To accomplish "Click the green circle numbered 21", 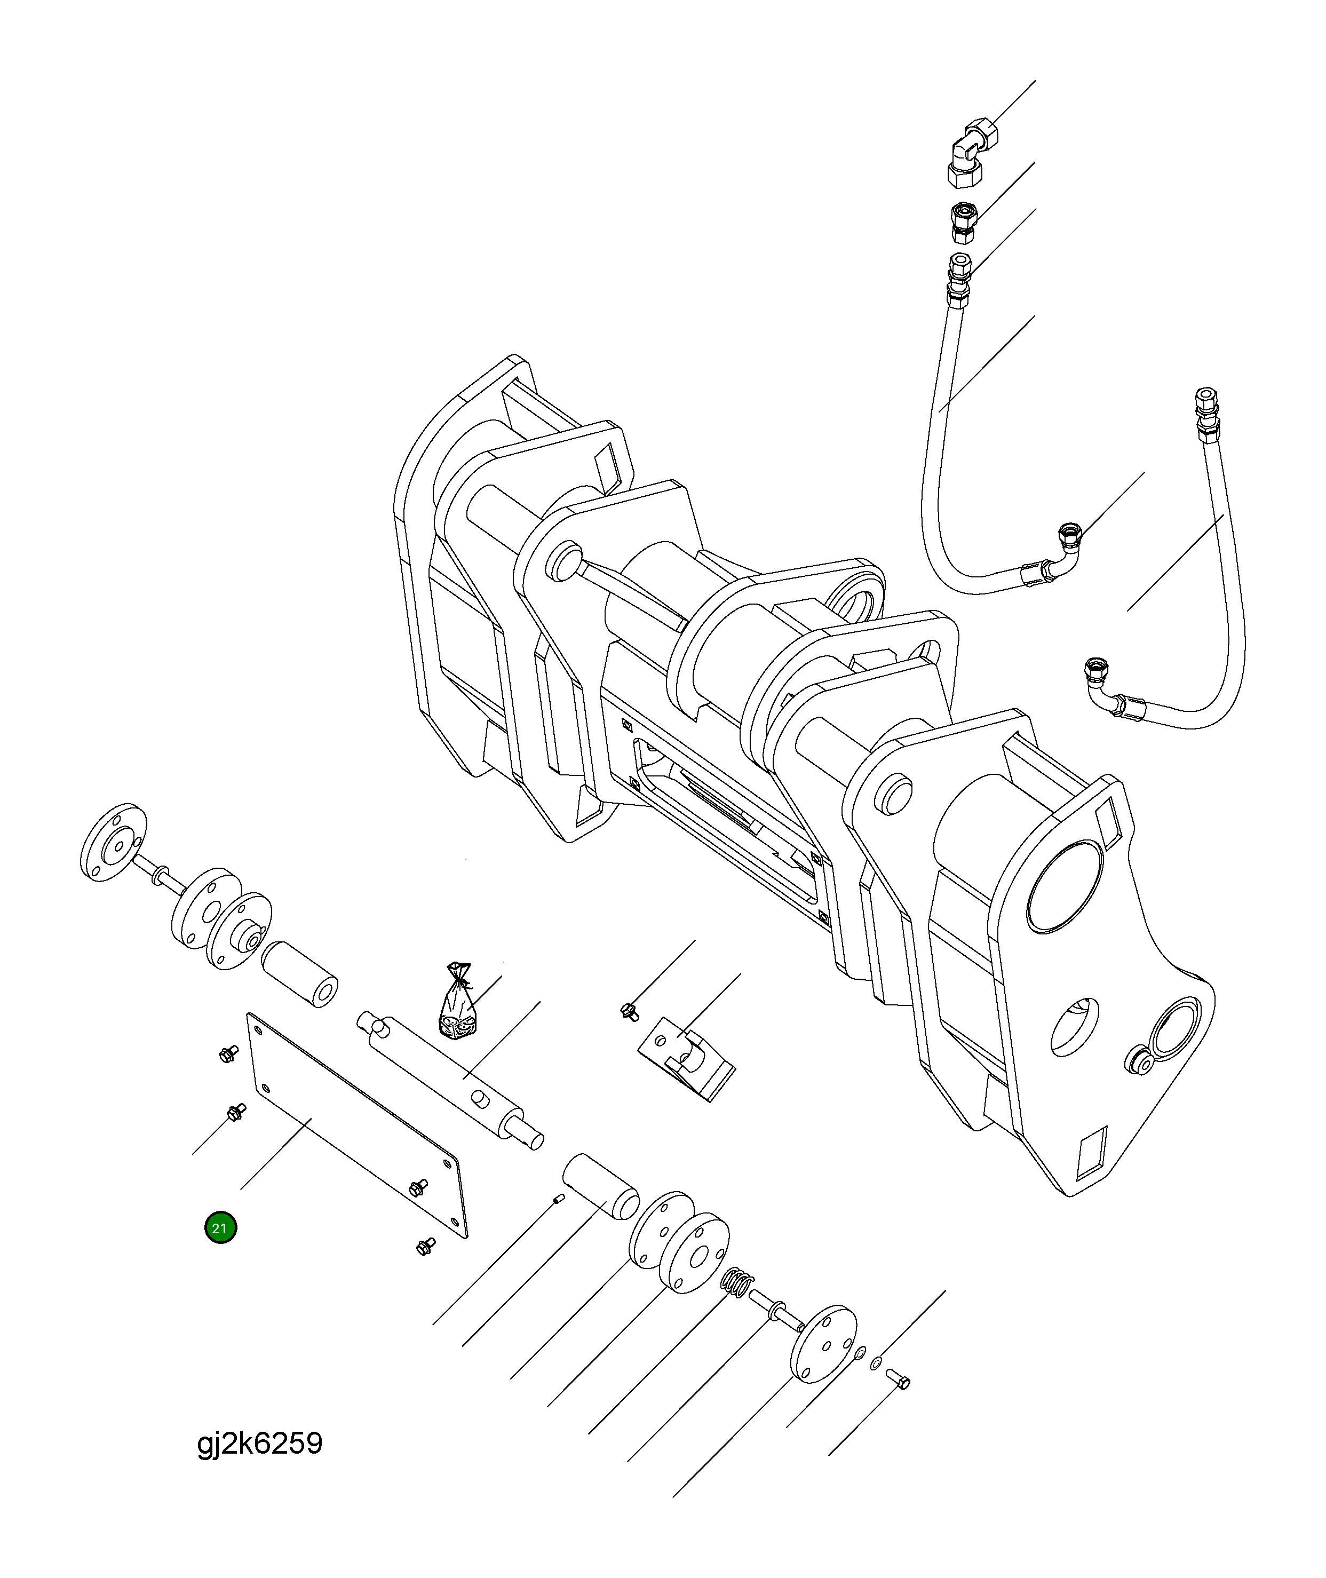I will click(x=220, y=1228).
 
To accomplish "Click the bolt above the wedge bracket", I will click(x=629, y=1012).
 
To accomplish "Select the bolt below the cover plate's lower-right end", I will click(x=425, y=1247).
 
